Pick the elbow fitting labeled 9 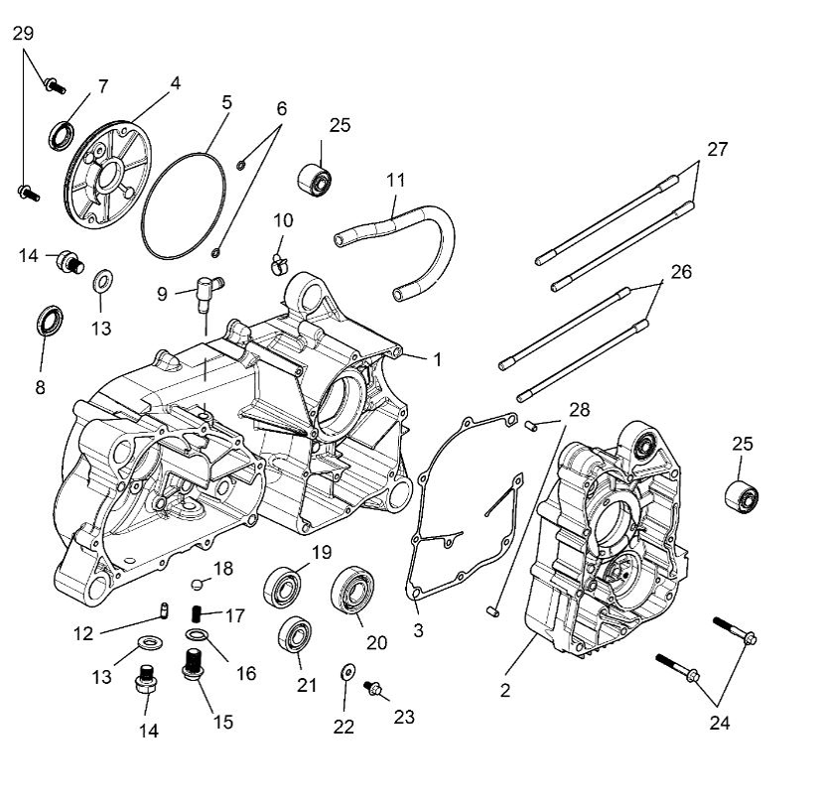(207, 289)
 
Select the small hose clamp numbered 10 (278, 262)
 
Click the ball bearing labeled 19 (282, 587)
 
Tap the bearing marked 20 (349, 593)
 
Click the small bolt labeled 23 (374, 688)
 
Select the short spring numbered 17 (199, 615)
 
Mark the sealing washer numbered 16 (197, 634)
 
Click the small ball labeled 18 (198, 583)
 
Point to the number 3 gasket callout (418, 629)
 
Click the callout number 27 (717, 150)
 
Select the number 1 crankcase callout (436, 359)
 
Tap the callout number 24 (720, 723)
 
